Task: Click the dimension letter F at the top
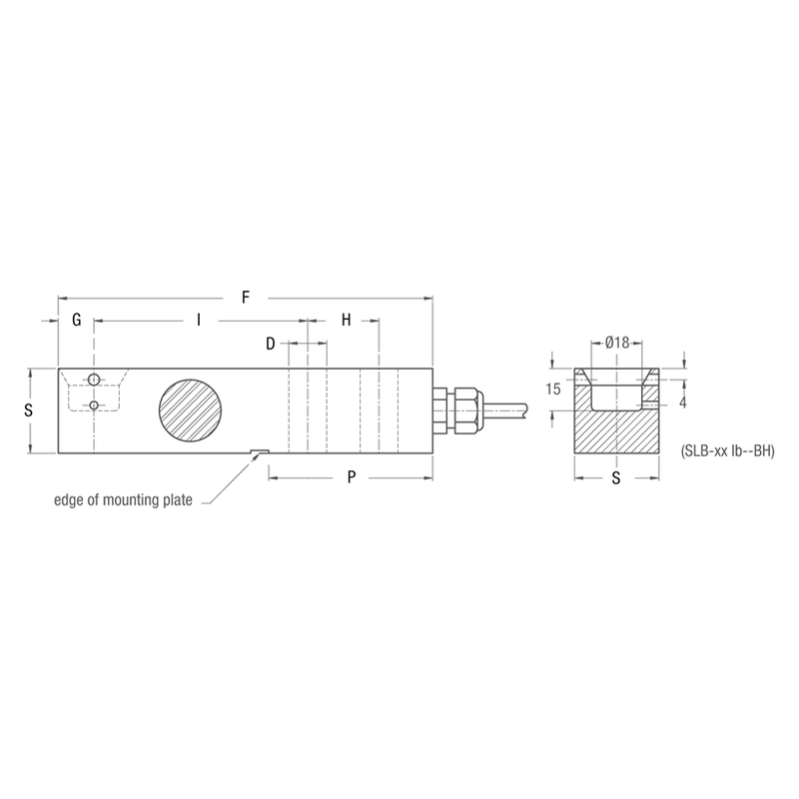click(246, 297)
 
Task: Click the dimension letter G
click(76, 321)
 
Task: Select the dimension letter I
click(199, 321)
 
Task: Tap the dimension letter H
click(347, 321)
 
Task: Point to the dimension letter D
click(271, 345)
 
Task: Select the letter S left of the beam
click(29, 410)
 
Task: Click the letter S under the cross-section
click(616, 477)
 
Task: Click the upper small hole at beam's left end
click(93, 380)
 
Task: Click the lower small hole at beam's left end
click(93, 404)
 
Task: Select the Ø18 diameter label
click(617, 343)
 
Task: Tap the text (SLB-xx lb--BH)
click(726, 450)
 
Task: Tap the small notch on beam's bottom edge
click(257, 451)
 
